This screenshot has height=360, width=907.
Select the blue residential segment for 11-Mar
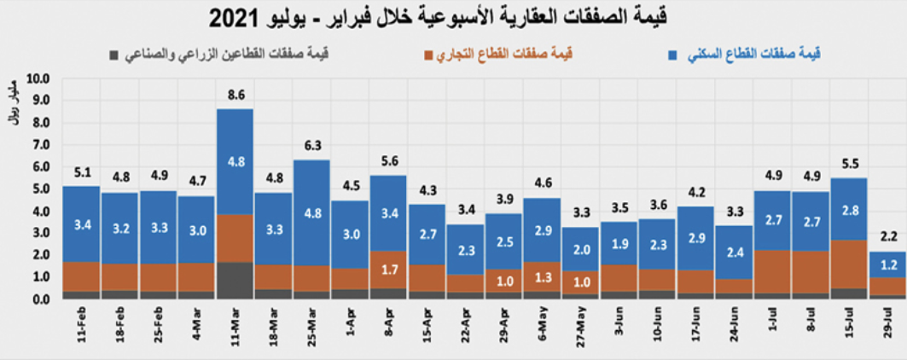coord(235,162)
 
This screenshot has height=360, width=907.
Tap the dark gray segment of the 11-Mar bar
coord(235,281)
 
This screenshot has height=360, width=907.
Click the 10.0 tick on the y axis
coord(39,78)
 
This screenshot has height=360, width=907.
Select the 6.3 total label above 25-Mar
coord(311,147)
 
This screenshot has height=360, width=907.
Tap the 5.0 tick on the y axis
coord(39,189)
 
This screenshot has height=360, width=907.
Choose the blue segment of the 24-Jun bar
coord(732,253)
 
